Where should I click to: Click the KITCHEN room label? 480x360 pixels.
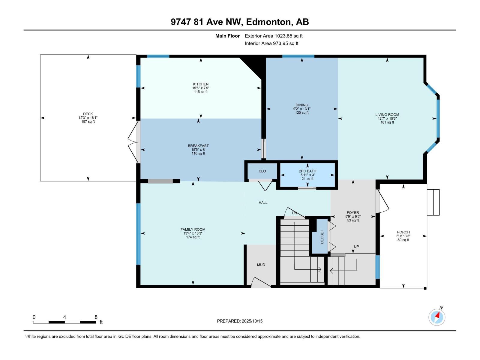(200, 84)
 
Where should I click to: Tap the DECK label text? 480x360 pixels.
(88, 114)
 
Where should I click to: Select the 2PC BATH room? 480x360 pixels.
(307, 175)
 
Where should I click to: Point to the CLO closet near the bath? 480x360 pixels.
(262, 171)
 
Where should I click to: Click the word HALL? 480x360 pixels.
(263, 202)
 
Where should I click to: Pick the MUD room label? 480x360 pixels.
(261, 265)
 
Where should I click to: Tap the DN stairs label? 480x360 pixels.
(294, 213)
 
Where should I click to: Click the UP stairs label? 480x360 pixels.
(356, 247)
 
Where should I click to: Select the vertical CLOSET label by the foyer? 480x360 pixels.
(322, 237)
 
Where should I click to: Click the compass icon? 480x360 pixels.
(437, 317)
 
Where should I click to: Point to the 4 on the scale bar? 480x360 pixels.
(64, 317)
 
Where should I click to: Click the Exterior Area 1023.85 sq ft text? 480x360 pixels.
(274, 36)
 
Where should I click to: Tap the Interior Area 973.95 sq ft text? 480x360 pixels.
(271, 43)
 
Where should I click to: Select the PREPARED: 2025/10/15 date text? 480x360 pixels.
(240, 321)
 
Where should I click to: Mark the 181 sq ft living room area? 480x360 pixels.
(387, 122)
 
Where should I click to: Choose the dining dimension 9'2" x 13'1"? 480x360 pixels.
(302, 109)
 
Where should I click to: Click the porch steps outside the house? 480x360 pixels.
(433, 202)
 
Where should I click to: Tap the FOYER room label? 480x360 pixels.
(353, 212)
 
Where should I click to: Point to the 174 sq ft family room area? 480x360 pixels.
(193, 237)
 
